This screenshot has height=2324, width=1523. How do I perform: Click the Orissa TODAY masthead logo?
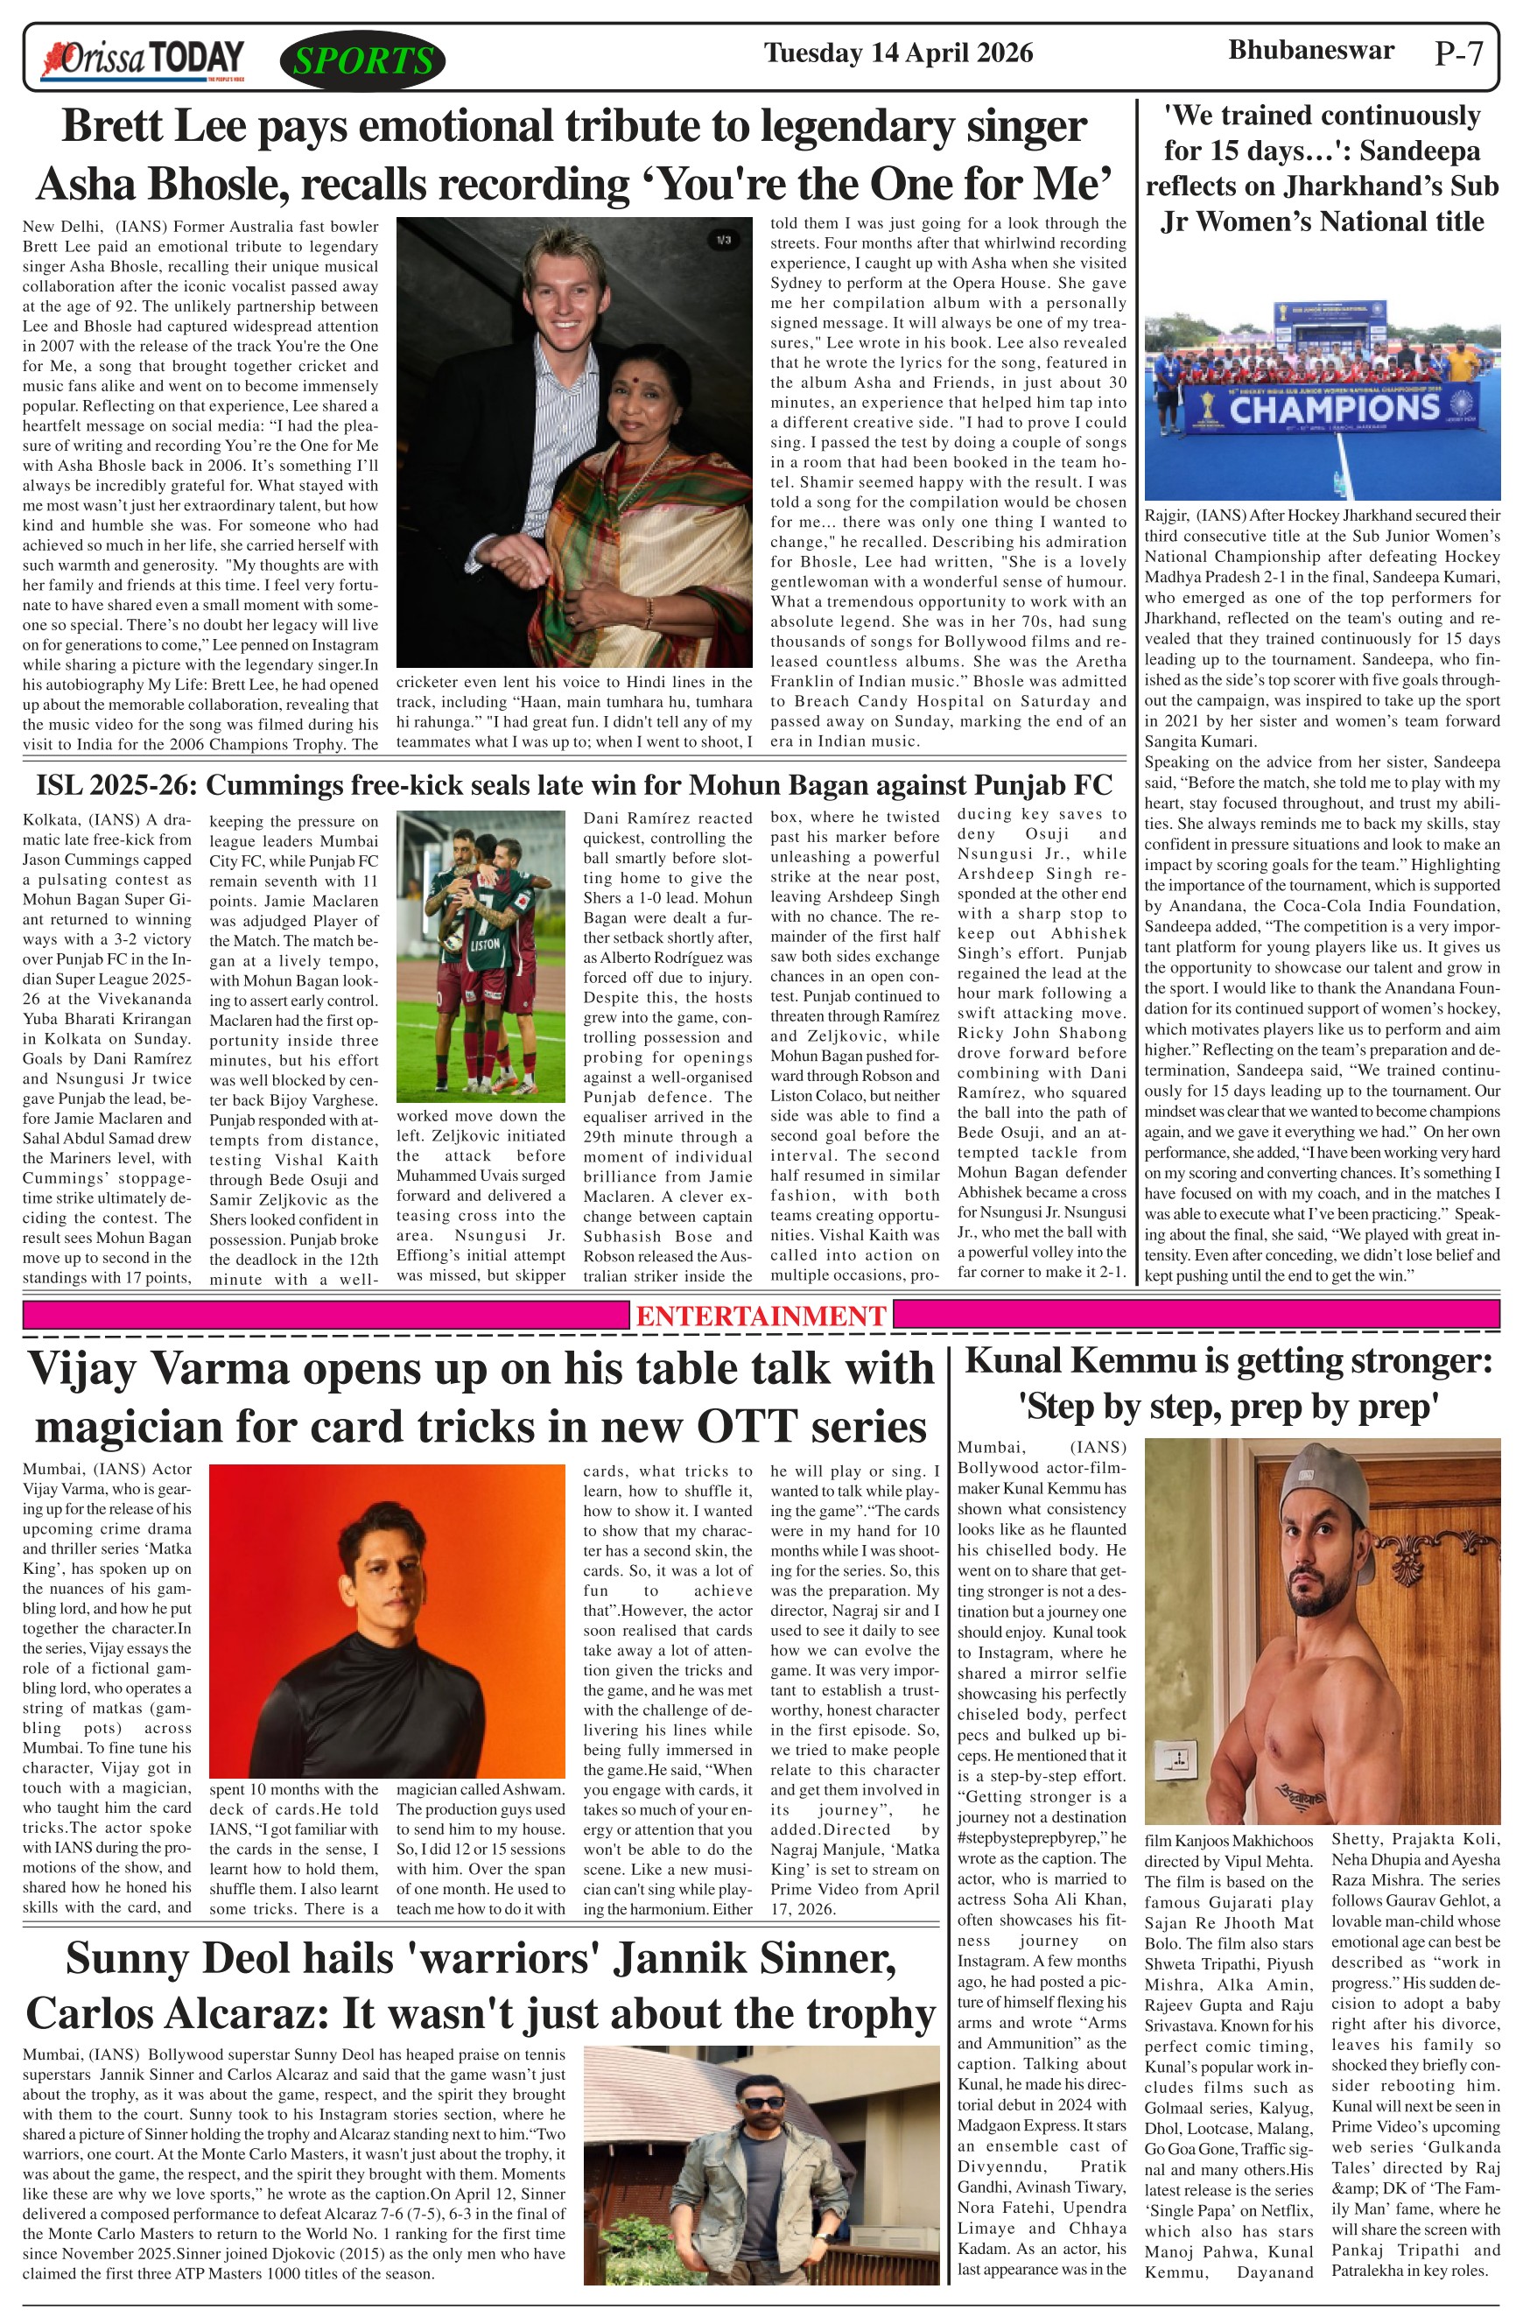(x=143, y=60)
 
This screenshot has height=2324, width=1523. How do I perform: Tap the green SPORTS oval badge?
(x=362, y=61)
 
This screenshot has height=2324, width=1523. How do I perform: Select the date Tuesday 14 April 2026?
(x=897, y=52)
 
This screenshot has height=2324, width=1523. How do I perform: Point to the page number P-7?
(x=1458, y=53)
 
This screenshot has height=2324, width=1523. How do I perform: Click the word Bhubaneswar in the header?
(x=1310, y=50)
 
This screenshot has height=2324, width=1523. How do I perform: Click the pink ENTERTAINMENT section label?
(x=761, y=1316)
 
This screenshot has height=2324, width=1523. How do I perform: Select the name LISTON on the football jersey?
(x=484, y=945)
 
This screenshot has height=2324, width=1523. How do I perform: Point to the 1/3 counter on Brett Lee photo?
(x=722, y=239)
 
